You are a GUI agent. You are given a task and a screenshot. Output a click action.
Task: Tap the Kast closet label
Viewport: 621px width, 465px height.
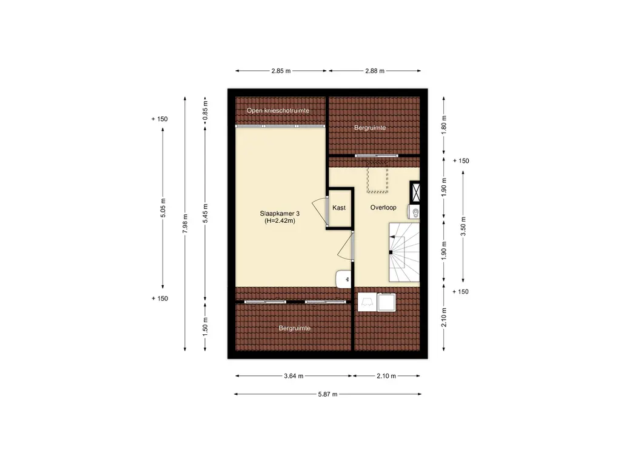339,208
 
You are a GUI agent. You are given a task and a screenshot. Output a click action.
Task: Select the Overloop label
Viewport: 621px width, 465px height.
383,207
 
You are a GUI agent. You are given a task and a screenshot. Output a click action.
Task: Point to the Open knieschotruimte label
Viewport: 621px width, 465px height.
278,110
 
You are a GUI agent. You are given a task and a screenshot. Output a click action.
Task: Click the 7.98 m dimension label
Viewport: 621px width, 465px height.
185,223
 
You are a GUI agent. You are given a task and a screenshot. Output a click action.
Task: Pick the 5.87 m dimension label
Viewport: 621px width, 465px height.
327,394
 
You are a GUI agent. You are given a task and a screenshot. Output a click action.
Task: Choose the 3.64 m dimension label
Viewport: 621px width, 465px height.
294,376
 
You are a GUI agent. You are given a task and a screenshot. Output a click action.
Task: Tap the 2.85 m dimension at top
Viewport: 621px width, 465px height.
281,71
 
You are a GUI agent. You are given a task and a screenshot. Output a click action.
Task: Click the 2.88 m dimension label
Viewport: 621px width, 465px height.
375,71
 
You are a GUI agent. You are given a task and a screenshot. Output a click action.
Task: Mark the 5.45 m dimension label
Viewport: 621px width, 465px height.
205,214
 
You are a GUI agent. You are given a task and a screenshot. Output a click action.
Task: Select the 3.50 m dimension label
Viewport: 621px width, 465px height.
463,226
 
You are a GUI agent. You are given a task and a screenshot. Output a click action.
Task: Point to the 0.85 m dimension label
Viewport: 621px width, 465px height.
205,111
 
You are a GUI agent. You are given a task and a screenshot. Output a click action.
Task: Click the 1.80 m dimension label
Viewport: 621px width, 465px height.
443,124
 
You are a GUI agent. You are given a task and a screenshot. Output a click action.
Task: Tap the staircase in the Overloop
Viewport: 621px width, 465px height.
404,252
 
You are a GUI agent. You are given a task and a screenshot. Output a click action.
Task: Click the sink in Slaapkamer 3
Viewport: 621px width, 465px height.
344,279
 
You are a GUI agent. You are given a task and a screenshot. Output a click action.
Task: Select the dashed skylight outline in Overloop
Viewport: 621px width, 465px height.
377,177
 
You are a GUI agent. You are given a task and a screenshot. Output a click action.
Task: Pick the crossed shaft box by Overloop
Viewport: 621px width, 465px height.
415,193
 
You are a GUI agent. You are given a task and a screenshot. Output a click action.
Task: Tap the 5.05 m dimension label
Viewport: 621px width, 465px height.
163,208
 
